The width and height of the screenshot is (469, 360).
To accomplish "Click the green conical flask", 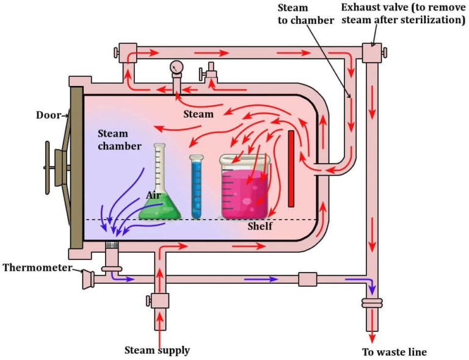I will [160, 201].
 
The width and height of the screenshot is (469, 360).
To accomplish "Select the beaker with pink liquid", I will [245, 189].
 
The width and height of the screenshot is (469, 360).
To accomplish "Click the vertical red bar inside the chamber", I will [291, 168].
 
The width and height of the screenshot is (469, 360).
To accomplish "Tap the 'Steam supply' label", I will [157, 350].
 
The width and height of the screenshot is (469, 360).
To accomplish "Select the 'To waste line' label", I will [394, 352].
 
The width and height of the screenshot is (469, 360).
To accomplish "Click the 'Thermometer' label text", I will [37, 268].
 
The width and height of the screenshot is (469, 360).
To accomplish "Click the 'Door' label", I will [47, 114].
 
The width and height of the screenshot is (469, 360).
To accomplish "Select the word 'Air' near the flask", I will [153, 195].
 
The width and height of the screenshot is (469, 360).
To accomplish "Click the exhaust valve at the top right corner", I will [371, 53].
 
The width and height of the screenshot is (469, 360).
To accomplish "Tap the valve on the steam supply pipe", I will [159, 300].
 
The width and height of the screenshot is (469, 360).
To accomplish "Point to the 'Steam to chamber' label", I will [305, 14].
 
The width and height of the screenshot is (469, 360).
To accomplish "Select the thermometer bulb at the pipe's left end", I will [87, 280].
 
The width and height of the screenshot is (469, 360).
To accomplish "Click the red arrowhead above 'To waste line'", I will [372, 337].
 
